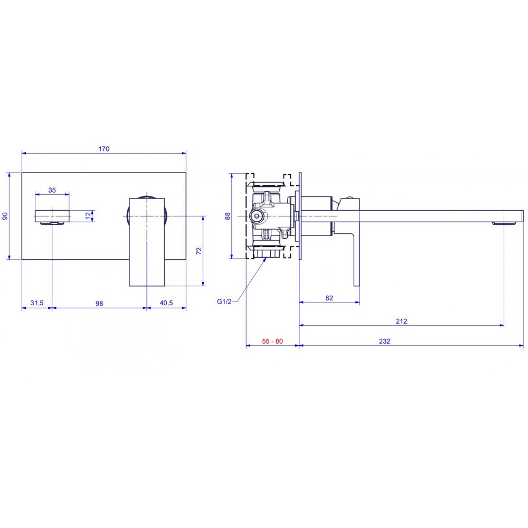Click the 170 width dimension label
103,149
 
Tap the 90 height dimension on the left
5,216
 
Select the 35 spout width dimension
52,190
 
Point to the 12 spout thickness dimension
88,216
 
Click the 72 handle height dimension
199,251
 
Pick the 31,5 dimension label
37,303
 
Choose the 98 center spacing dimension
99,304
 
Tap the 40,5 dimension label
166,303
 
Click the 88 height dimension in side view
228,216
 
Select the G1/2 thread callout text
224,301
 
